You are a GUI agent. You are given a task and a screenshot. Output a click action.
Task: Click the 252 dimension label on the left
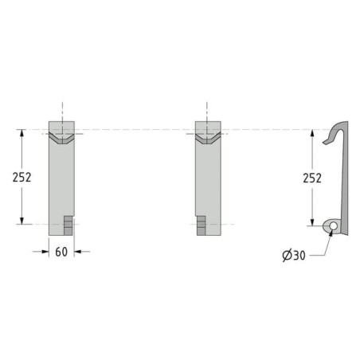[22, 177]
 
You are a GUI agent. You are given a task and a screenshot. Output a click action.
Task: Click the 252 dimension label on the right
[312, 178]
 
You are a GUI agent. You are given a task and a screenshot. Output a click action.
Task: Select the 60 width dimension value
[61, 252]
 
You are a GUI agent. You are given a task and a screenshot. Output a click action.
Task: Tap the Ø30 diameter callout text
[294, 256]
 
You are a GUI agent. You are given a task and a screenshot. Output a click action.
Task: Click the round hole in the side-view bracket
[333, 226]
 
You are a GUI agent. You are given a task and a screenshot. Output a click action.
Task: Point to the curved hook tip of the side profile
[325, 143]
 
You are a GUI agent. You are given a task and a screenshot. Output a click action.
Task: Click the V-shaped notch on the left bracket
[61, 138]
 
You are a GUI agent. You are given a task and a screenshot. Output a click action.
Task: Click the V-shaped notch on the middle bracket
[208, 138]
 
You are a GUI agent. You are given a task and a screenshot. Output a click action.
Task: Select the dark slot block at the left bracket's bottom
[68, 225]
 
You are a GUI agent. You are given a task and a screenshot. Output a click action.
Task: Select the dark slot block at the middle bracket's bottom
[202, 225]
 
